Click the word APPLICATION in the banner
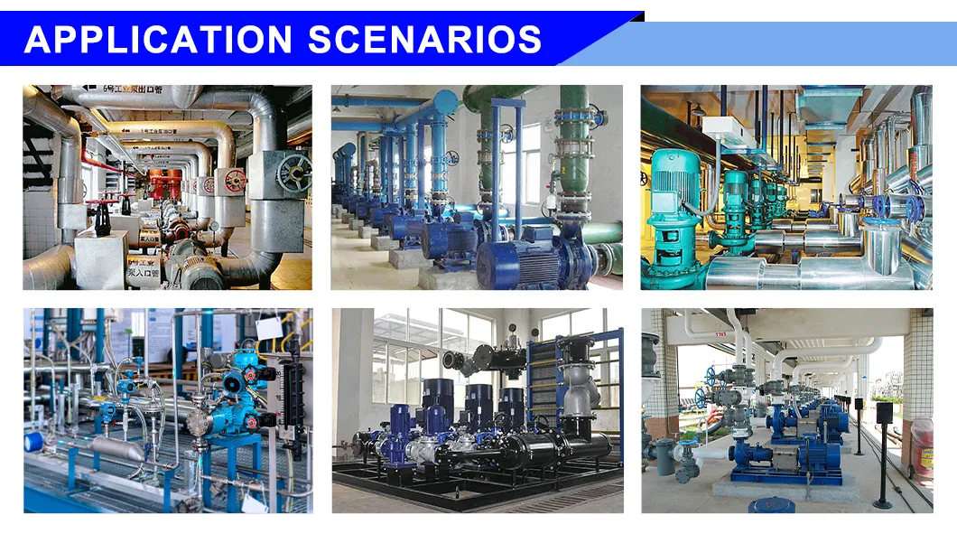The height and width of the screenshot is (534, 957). click(159, 40)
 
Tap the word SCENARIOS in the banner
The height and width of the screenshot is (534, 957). click(424, 40)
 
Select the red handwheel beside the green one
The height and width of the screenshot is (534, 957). click(235, 180)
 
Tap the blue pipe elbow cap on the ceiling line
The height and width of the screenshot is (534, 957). click(445, 101)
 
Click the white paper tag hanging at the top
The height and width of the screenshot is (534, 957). click(268, 327)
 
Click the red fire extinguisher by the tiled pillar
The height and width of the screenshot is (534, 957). click(921, 448)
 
